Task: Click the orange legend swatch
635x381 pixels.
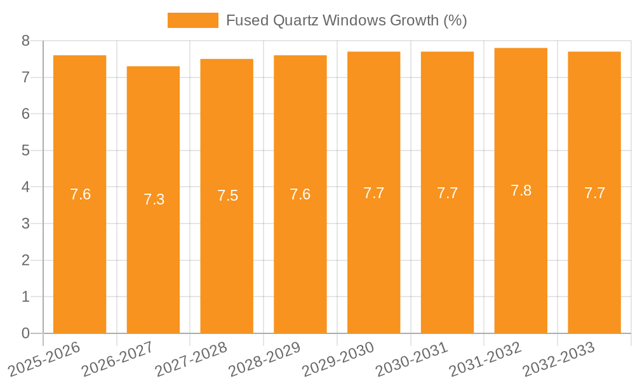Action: [192, 20]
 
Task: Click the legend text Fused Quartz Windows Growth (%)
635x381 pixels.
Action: [346, 20]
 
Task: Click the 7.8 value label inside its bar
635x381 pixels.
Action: [521, 190]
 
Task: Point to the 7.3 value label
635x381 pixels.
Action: [154, 199]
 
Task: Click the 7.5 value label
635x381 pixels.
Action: [227, 196]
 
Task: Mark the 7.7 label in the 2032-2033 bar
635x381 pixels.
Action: [594, 193]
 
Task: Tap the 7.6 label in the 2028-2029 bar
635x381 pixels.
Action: [300, 194]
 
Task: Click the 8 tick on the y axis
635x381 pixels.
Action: [25, 41]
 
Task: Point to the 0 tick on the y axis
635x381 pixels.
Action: [25, 333]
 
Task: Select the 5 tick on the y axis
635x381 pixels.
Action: [25, 150]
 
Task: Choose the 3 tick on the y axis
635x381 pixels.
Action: [25, 224]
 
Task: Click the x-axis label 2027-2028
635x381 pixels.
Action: [192, 359]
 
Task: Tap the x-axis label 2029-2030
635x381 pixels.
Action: [338, 359]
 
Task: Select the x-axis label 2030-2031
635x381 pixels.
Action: [412, 359]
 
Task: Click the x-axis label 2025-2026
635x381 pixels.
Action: [44, 359]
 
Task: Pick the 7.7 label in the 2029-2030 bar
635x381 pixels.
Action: [373, 193]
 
